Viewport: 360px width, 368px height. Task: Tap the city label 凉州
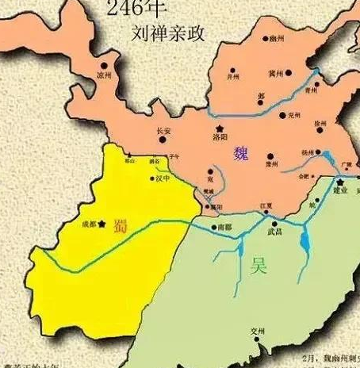pyautogui.click(x=104, y=75)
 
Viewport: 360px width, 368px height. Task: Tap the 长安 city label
pyautogui.click(x=164, y=131)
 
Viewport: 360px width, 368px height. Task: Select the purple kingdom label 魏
pyautogui.click(x=241, y=153)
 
